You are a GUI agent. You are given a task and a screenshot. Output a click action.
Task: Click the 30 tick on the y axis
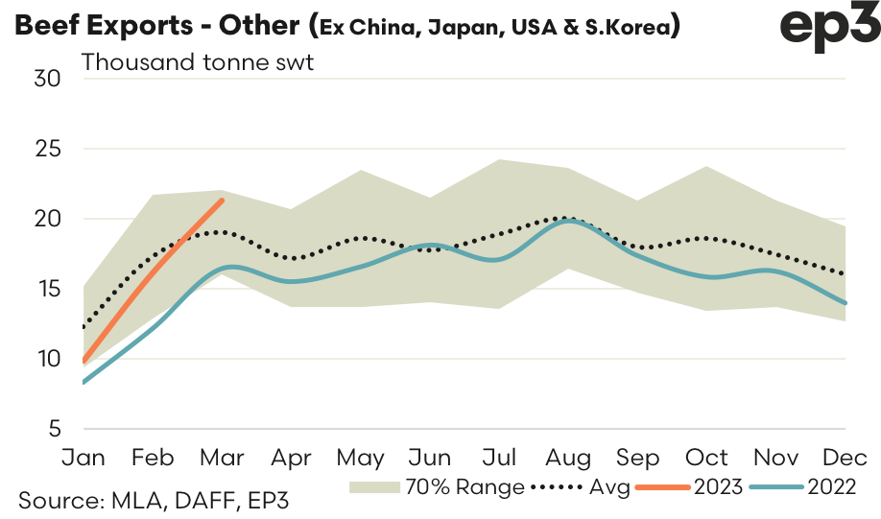pos(48,79)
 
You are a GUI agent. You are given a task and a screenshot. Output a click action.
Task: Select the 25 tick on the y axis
pos(48,149)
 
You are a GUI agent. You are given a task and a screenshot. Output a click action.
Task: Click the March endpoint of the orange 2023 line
pos(223,200)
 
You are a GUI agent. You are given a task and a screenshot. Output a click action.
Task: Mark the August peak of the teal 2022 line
pos(570,221)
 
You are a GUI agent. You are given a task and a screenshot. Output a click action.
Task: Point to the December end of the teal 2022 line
pos(845,302)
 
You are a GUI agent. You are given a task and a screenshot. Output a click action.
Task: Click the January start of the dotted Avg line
pos(84,327)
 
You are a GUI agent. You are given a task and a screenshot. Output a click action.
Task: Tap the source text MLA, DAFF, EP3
pos(154,501)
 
